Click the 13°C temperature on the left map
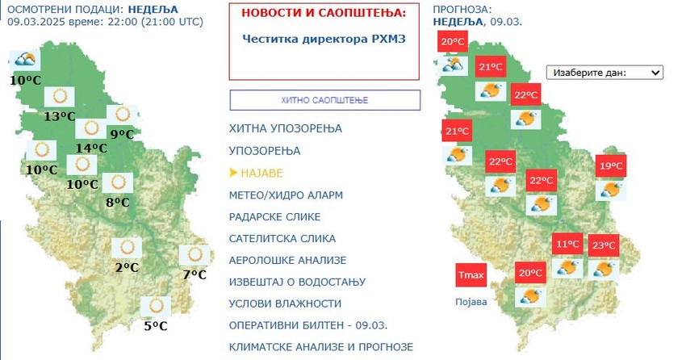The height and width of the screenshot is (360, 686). click(59, 116)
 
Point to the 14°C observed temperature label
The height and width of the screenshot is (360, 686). click(90, 148)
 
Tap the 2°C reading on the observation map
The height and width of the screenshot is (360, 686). click(126, 267)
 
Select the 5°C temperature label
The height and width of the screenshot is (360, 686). click(155, 326)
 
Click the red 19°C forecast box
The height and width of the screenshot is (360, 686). click(610, 167)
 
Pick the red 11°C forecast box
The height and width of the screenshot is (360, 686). click(567, 245)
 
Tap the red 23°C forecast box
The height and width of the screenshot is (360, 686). click(604, 245)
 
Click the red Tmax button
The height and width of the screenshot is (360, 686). click(471, 275)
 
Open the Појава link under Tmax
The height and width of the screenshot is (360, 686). click(471, 302)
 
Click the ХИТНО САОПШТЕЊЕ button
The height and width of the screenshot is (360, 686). click(324, 100)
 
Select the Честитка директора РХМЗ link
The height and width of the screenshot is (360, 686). click(324, 38)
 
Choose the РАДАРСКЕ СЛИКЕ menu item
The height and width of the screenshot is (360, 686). click(274, 216)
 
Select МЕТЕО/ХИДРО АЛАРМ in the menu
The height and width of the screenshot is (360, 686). click(286, 195)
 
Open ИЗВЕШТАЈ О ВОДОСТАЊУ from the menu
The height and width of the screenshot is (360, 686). click(297, 282)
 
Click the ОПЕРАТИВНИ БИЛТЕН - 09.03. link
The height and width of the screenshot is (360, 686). click(308, 324)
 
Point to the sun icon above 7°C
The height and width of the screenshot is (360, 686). click(194, 255)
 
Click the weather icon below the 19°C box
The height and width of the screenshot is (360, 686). click(609, 190)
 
